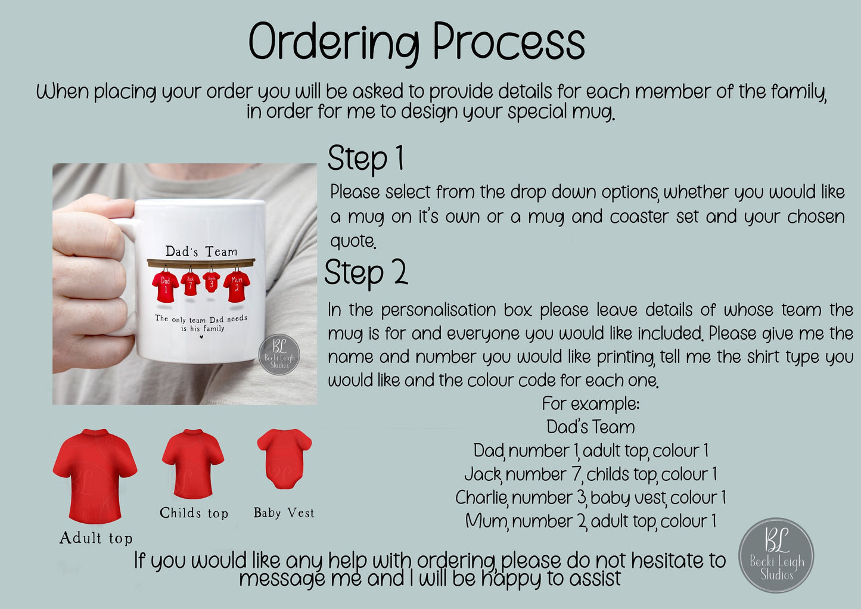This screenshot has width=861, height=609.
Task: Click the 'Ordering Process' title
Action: pyautogui.click(x=417, y=42)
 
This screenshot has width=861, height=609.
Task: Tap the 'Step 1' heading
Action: pyautogui.click(x=365, y=159)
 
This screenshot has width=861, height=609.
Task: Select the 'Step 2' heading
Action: pyautogui.click(x=366, y=272)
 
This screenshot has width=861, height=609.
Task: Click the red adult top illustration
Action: pyautogui.click(x=95, y=476)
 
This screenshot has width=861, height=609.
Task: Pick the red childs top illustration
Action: pyautogui.click(x=193, y=464)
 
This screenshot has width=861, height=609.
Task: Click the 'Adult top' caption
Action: pyautogui.click(x=96, y=538)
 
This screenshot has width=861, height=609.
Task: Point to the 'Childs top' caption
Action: pyautogui.click(x=194, y=513)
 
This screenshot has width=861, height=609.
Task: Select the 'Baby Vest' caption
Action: pyautogui.click(x=284, y=512)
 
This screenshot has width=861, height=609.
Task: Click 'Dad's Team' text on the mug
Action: pyautogui.click(x=201, y=251)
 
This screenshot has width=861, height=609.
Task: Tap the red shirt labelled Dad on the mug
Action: pyautogui.click(x=165, y=287)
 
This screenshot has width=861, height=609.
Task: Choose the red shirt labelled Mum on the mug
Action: pyautogui.click(x=237, y=287)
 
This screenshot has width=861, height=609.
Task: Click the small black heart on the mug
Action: pyautogui.click(x=201, y=337)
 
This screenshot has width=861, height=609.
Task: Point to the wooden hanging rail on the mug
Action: pyautogui.click(x=201, y=263)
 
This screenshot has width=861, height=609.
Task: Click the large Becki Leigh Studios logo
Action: pyautogui.click(x=776, y=555)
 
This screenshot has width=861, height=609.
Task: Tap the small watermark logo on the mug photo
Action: pyautogui.click(x=279, y=354)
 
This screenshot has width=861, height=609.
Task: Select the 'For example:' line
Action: pyautogui.click(x=591, y=403)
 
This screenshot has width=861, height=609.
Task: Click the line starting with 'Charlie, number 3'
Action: pyautogui.click(x=591, y=498)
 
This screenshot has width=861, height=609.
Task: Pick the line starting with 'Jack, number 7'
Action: pyautogui.click(x=591, y=474)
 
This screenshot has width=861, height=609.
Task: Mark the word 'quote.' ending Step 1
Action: pyautogui.click(x=353, y=241)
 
